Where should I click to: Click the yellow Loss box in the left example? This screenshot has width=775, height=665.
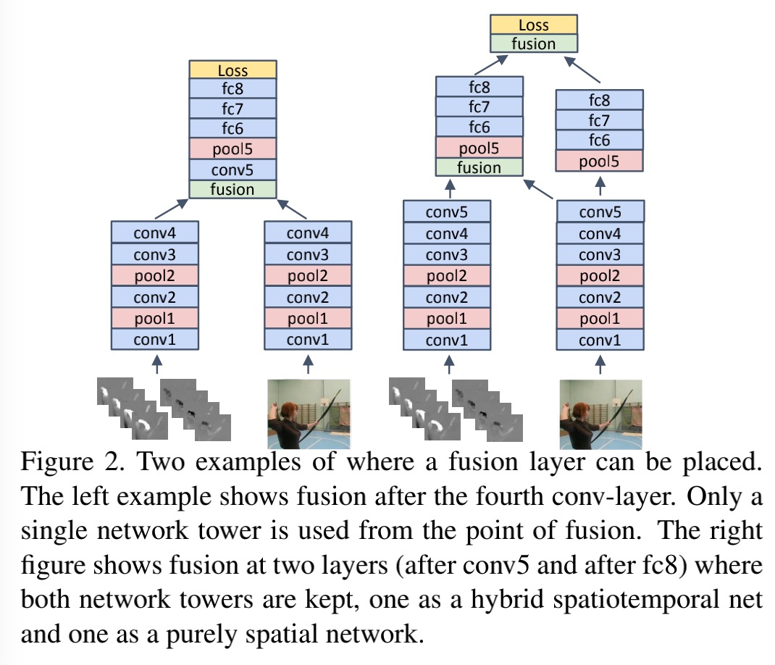(x=232, y=70)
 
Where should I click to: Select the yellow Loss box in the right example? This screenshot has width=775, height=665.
(x=533, y=25)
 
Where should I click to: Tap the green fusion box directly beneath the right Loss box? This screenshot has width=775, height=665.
(x=533, y=43)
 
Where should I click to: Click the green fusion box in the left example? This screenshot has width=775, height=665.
(x=232, y=189)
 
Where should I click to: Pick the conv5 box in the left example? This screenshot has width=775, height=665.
(x=232, y=170)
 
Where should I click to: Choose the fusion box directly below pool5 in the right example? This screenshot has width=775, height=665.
(x=479, y=167)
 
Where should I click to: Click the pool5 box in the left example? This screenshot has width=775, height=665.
(x=232, y=149)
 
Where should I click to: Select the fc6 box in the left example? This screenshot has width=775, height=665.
(x=232, y=129)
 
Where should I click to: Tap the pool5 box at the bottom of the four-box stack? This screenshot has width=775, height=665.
(x=599, y=161)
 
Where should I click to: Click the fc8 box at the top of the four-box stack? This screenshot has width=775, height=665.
(x=599, y=100)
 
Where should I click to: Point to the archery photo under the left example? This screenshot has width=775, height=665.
(x=309, y=414)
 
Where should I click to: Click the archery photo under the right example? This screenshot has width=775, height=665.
(x=601, y=414)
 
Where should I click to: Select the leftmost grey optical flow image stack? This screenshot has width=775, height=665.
(x=127, y=409)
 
